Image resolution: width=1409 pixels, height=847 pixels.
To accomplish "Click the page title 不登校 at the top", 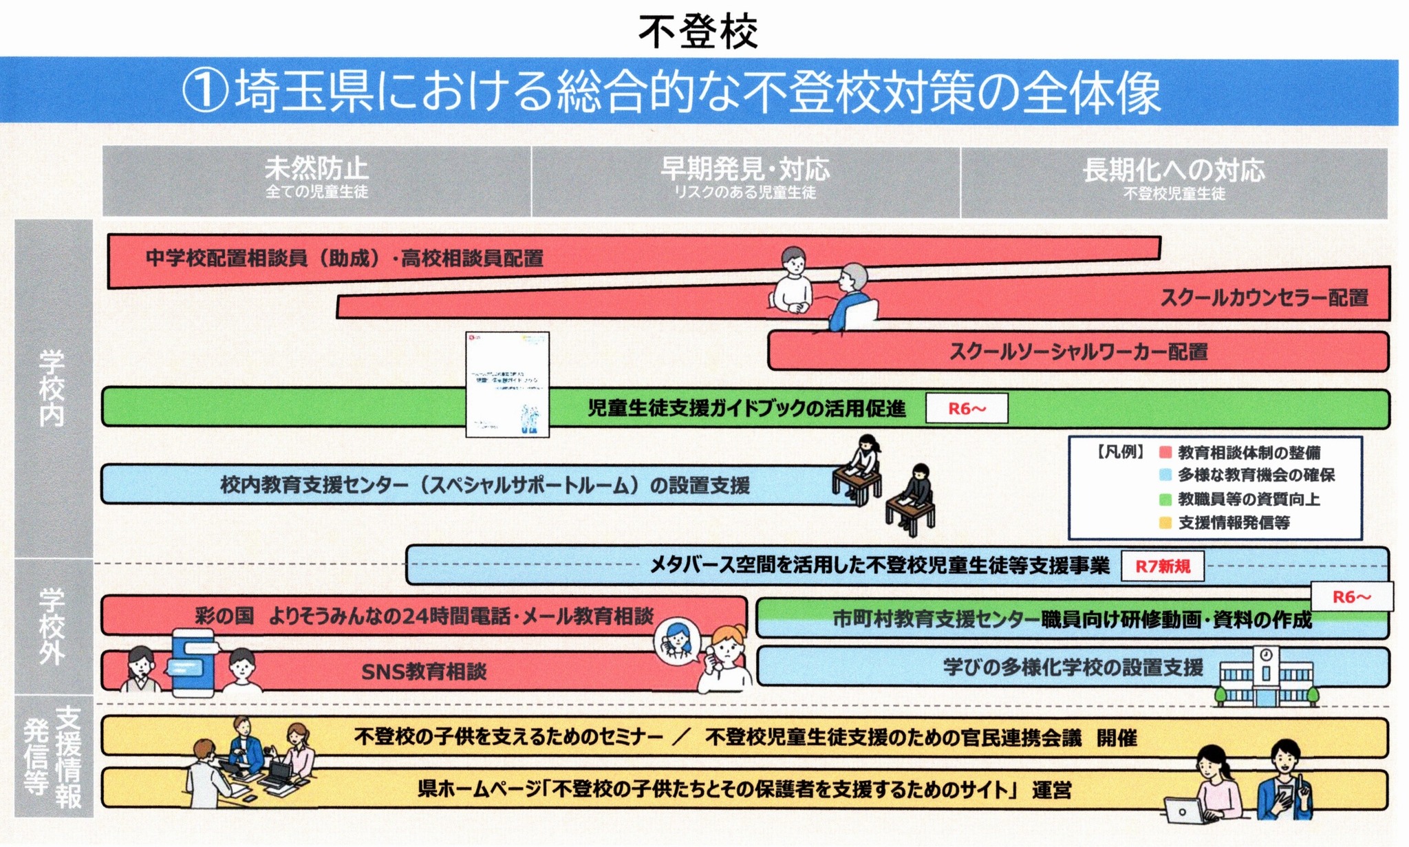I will point(698,31).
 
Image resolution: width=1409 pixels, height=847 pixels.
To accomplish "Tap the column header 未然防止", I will point(316,169).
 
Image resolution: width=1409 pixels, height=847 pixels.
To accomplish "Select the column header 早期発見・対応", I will point(745,169).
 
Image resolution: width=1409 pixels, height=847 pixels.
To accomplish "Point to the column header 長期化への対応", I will point(1174,171).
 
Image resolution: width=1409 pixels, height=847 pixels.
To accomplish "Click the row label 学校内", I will point(52,388).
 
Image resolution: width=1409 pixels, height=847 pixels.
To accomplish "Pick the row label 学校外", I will point(52,626).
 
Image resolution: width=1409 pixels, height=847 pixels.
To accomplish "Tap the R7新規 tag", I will point(1162,566).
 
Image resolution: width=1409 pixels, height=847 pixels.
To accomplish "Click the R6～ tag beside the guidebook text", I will point(967,409).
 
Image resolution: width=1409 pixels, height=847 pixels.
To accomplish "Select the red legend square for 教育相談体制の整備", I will point(1165,453).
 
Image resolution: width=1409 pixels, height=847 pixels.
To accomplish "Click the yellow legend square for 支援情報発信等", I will point(1165,523).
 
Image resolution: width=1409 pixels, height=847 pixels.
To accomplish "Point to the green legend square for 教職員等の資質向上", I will point(1165,500).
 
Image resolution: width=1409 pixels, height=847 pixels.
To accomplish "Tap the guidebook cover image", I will point(508,384).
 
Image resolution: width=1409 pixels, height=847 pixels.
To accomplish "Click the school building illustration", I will point(1266,678).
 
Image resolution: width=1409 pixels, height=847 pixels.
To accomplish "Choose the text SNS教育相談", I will point(424,672).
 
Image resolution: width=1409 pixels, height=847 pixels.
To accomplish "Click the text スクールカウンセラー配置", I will point(1264,298).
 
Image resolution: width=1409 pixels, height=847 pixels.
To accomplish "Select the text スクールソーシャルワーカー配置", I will point(1078,352).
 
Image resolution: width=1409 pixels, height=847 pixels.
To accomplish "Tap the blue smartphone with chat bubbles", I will point(193,663).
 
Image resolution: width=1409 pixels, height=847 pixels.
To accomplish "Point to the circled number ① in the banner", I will point(205,93).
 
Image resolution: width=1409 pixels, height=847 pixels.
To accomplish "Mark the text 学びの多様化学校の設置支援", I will point(1073,667).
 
